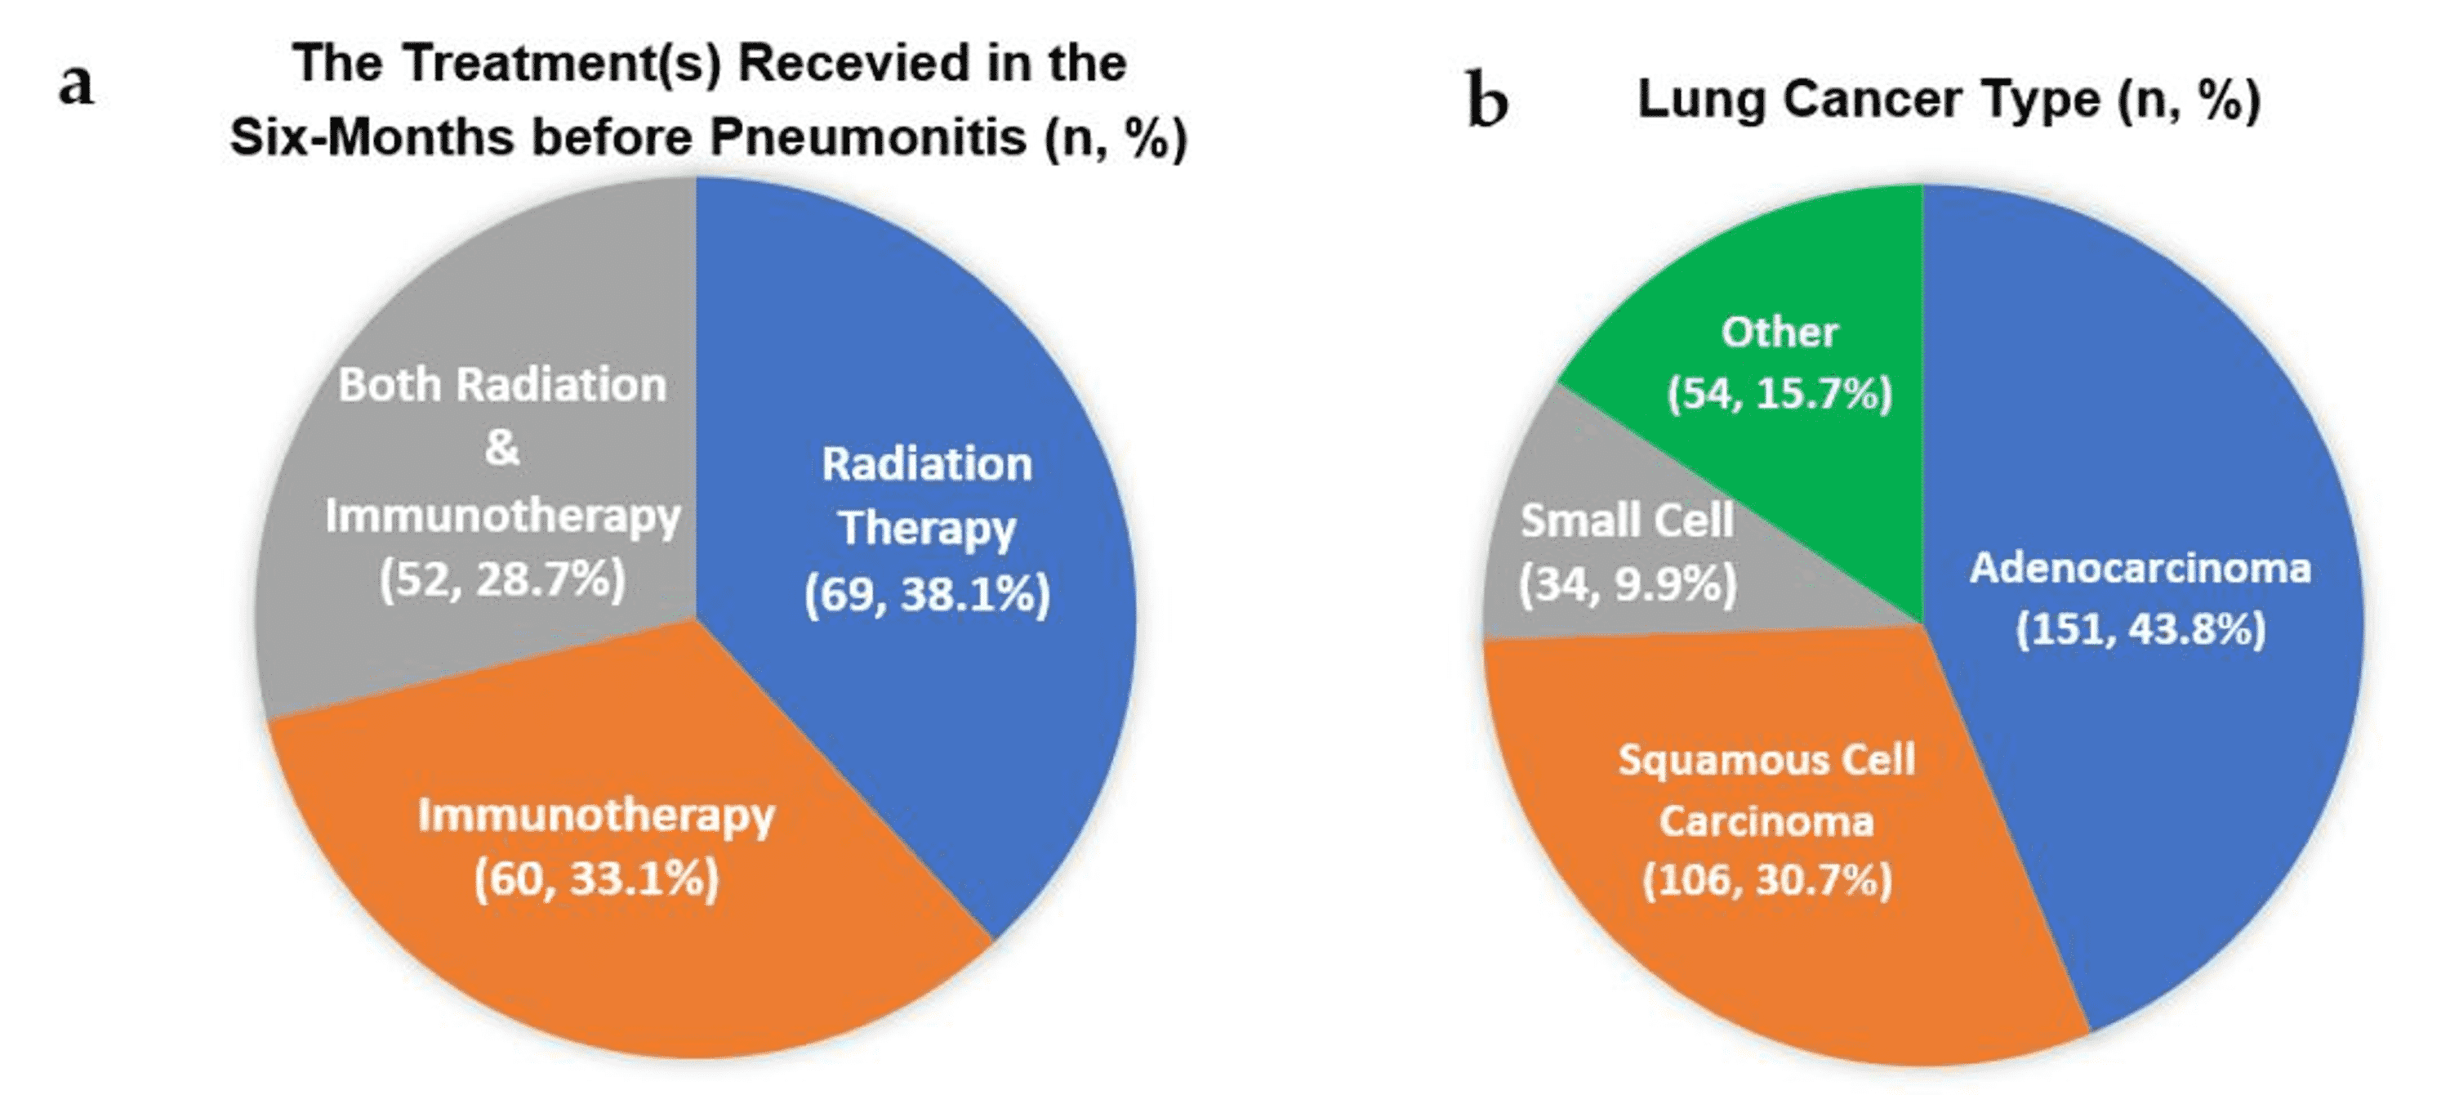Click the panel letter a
pyautogui.click(x=76, y=86)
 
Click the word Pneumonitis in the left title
pyautogui.click(x=867, y=138)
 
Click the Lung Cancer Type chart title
pyautogui.click(x=1948, y=99)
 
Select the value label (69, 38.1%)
pyautogui.click(x=926, y=596)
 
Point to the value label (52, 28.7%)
pyautogui.click(x=502, y=579)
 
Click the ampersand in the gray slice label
pyautogui.click(x=502, y=448)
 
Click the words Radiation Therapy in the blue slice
pyautogui.click(x=926, y=496)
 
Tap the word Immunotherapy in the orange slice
pyautogui.click(x=596, y=816)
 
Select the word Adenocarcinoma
pyautogui.click(x=2140, y=569)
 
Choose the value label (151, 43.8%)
pyautogui.click(x=2140, y=630)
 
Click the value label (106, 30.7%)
pyautogui.click(x=1766, y=880)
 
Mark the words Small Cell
pyautogui.click(x=1626, y=521)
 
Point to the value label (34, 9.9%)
pyautogui.click(x=1626, y=584)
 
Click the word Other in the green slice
pyautogui.click(x=1779, y=333)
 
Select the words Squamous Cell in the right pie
pyautogui.click(x=1766, y=760)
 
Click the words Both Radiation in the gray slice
pyautogui.click(x=502, y=386)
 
